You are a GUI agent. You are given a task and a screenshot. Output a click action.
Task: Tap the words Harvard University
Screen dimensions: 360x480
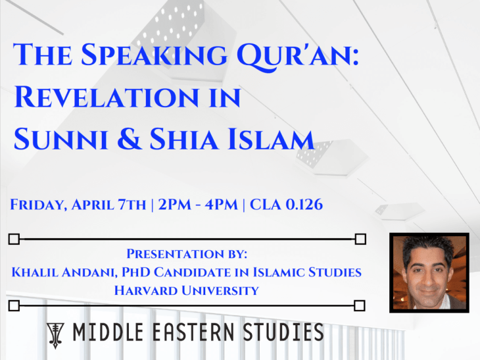point(187,290)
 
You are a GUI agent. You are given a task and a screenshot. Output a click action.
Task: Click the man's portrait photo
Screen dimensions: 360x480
point(429,272)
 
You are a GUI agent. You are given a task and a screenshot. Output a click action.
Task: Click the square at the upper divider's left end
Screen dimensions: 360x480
point(14,239)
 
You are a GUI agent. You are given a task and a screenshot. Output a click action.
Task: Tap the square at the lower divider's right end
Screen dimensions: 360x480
point(360,305)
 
